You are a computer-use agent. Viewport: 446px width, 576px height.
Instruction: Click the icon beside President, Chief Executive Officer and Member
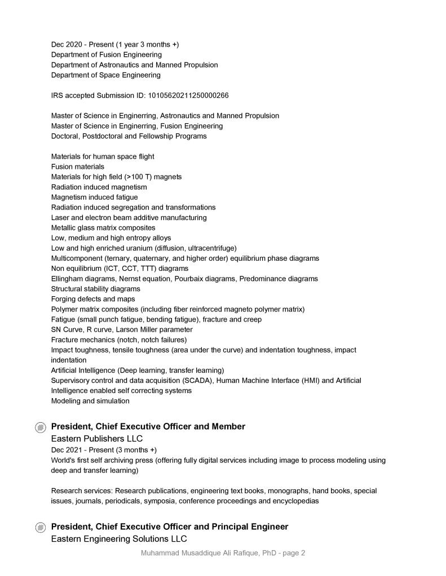coord(41,427)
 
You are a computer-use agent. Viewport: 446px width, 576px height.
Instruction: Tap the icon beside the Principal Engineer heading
coord(41,528)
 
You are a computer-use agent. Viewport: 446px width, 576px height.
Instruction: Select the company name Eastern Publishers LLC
coord(96,439)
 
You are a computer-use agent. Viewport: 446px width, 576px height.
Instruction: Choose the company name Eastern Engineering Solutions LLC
coord(119,539)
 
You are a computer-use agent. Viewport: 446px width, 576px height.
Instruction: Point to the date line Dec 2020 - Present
coord(115,44)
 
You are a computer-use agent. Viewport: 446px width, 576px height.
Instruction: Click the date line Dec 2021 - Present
coord(104,450)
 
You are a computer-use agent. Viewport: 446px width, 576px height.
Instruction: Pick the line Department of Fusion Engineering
coord(107,55)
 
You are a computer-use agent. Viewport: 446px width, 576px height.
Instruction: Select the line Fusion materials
coord(78,167)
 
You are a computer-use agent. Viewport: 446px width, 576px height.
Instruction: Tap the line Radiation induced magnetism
coord(99,187)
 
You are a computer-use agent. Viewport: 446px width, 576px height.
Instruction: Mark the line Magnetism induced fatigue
coord(94,197)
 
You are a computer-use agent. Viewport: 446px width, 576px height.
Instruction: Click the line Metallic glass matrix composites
coord(103,227)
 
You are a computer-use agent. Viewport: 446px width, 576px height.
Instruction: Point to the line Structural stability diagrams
coord(96,289)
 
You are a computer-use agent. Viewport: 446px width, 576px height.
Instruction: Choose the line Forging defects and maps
coord(93,299)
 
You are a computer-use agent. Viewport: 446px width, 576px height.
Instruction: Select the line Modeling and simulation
coord(90,401)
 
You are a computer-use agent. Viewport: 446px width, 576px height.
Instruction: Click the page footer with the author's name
coord(223,553)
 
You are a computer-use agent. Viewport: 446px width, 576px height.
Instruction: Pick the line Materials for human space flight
coord(103,157)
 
